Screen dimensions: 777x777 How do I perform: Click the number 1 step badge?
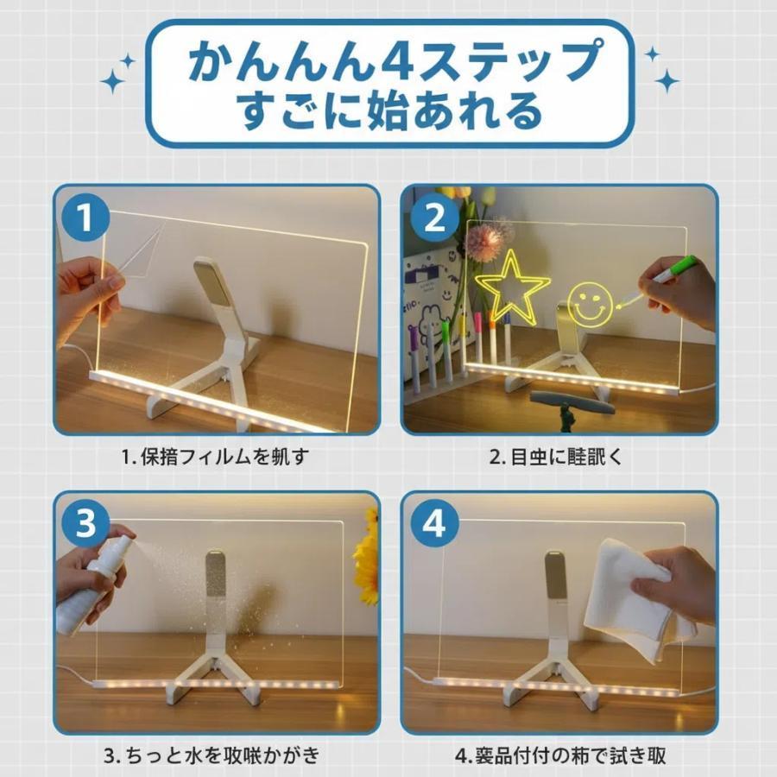pyautogui.click(x=85, y=219)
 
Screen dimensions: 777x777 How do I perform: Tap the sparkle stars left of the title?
pyautogui.click(x=118, y=73)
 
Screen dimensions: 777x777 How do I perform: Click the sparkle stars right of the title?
pyautogui.click(x=660, y=69)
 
